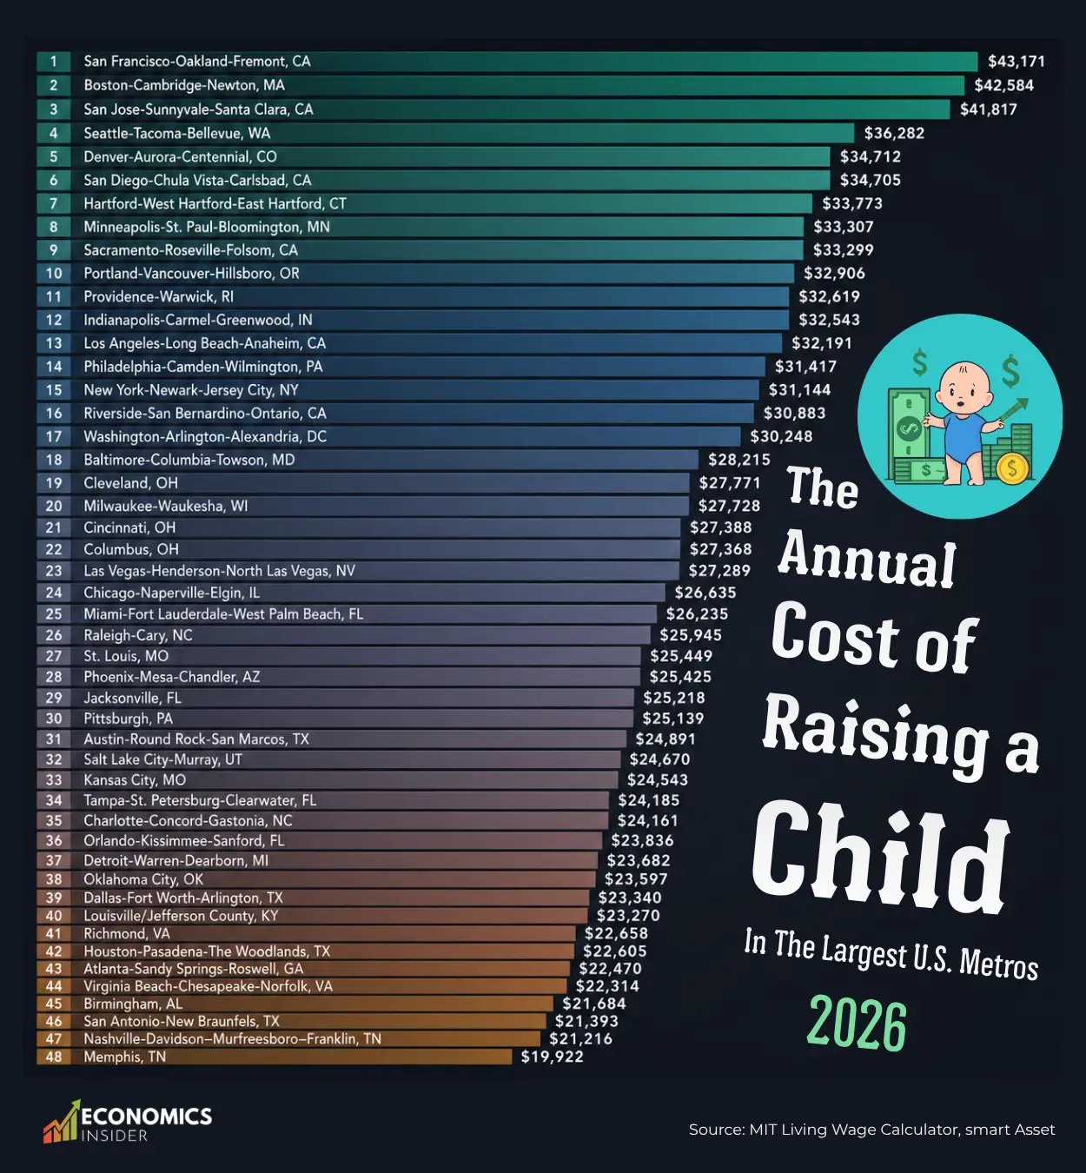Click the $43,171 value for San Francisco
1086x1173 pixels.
click(x=1016, y=62)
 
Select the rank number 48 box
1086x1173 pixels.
click(x=54, y=1057)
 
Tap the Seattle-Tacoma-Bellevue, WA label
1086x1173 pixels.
click(x=177, y=134)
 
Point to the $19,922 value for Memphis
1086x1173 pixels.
click(x=552, y=1057)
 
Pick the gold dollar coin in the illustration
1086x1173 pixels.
click(x=1012, y=467)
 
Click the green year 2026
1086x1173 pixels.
click(x=857, y=1024)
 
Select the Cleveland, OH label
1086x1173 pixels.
click(x=130, y=483)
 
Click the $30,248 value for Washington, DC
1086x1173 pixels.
click(x=781, y=436)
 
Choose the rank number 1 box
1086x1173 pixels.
click(x=54, y=62)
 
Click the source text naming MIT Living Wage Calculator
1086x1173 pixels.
click(x=871, y=1130)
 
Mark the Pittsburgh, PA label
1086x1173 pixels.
click(x=129, y=719)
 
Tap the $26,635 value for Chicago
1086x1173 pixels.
click(x=705, y=593)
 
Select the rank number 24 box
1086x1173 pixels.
click(x=54, y=593)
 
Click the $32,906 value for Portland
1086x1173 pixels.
click(x=834, y=274)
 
